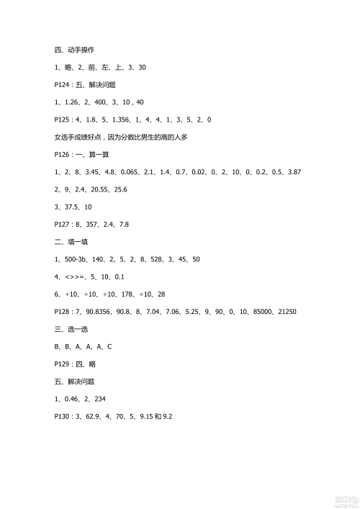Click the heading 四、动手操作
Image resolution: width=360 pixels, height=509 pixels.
click(x=74, y=50)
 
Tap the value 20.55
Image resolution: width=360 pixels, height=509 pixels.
click(x=99, y=189)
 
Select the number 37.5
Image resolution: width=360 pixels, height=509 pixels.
click(x=71, y=207)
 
